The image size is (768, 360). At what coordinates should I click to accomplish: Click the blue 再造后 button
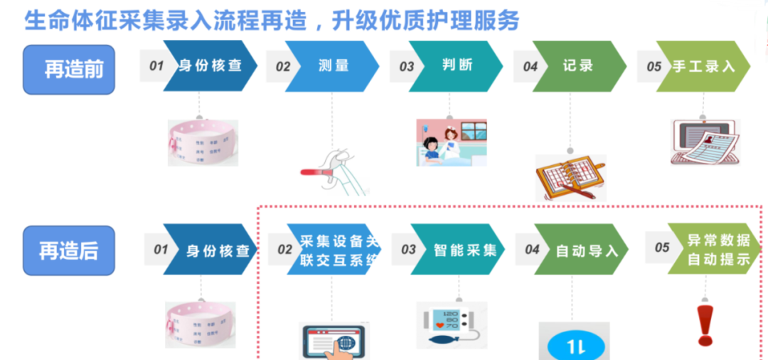point(68,250)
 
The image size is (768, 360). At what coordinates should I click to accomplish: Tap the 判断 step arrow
point(456,66)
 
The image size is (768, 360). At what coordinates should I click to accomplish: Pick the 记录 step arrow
point(578,66)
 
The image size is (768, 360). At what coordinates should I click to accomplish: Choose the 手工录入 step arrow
point(700,66)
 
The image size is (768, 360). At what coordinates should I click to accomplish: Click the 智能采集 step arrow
point(456,250)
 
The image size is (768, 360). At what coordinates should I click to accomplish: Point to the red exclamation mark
point(705,324)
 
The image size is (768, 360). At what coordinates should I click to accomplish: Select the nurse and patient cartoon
point(451,142)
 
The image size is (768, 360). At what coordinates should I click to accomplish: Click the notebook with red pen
point(570,177)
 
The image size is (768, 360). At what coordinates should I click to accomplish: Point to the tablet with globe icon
point(332,341)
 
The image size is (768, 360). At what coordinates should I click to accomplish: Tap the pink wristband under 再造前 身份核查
point(202,142)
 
